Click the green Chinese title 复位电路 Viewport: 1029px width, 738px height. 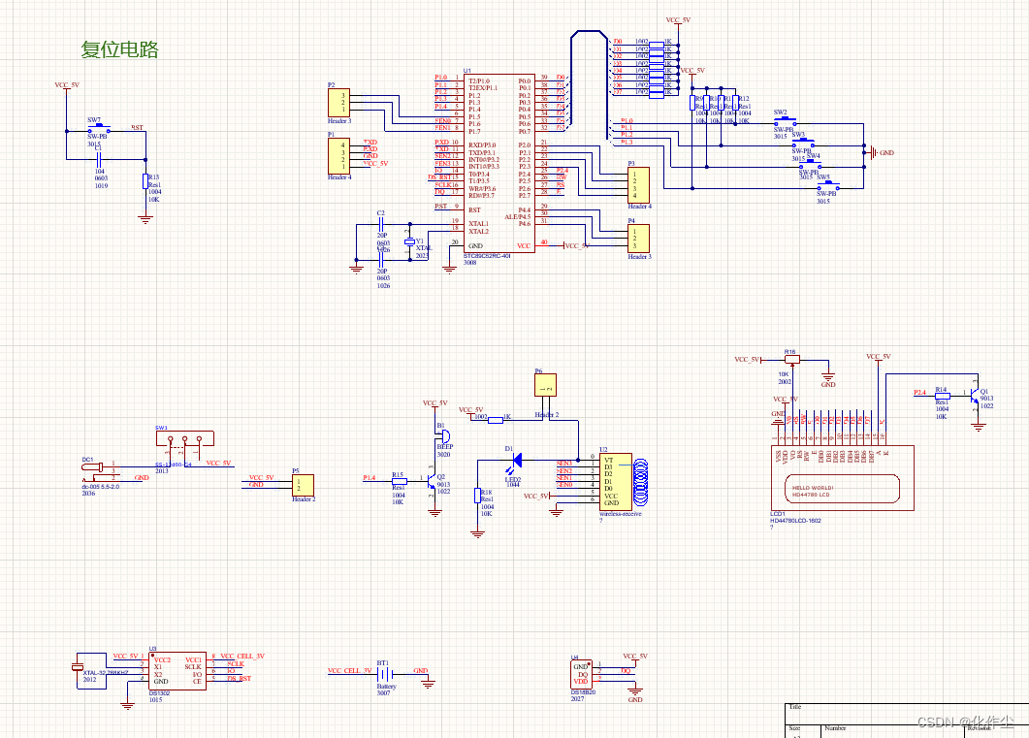119,49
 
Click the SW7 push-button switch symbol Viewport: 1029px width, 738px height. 96,129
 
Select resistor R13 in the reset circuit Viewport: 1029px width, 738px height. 145,180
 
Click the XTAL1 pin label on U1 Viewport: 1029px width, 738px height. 479,224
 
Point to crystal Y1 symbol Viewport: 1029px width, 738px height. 409,241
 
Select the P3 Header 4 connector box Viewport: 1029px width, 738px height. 639,184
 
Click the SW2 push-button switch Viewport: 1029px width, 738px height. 781,122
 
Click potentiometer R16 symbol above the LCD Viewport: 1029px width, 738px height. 790,360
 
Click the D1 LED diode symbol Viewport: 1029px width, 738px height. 517,458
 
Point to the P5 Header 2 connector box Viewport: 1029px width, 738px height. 304,483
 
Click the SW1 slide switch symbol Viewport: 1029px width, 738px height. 183,443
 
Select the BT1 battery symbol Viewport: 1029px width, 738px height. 384,672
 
